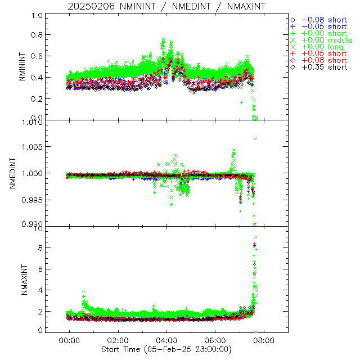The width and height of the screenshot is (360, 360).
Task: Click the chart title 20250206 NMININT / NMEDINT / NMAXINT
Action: (166, 6)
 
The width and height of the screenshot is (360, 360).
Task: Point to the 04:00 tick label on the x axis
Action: (166, 340)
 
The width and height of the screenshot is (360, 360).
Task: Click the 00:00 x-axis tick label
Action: (69, 340)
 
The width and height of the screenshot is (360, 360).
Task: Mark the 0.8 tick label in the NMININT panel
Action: (35, 35)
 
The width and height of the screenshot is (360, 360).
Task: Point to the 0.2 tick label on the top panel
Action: (35, 99)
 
